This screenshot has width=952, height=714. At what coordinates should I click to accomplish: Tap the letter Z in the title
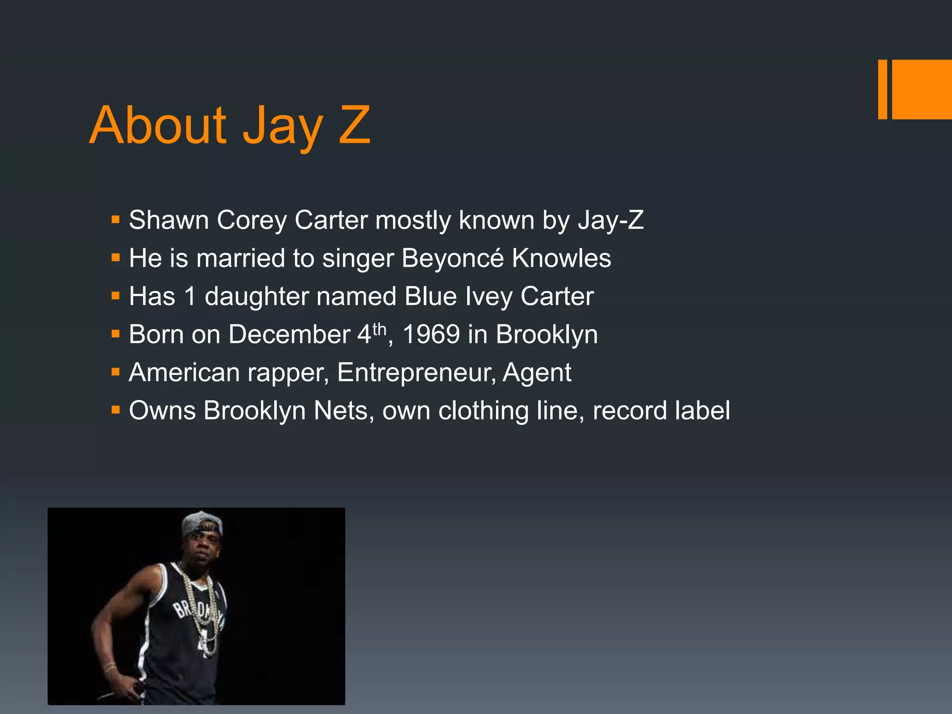point(354,126)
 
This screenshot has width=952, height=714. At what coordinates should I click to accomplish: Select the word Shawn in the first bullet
point(168,220)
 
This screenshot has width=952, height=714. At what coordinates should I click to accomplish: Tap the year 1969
point(431,335)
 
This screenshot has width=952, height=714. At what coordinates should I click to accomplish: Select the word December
point(289,335)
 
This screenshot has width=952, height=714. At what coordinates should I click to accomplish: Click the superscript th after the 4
point(379,329)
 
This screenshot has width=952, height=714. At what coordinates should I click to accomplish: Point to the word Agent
point(537,373)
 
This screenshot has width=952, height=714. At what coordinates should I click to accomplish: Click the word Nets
point(341,411)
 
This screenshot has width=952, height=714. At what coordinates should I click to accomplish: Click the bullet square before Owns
point(116,410)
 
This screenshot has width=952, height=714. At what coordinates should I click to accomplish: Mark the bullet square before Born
point(116,334)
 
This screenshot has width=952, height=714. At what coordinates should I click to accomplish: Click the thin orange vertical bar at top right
point(882,89)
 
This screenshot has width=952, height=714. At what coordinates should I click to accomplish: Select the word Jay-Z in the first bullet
point(610,220)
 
